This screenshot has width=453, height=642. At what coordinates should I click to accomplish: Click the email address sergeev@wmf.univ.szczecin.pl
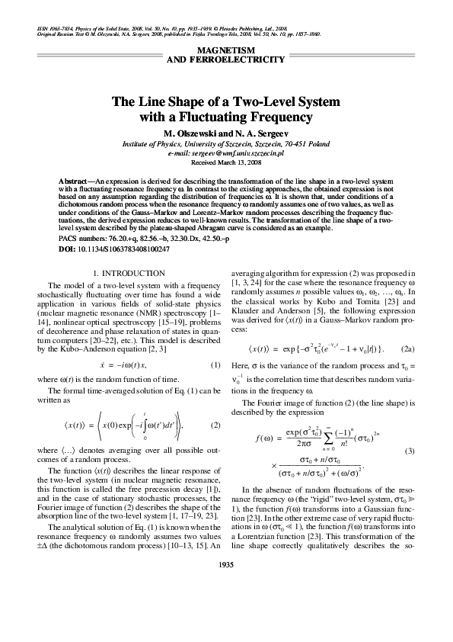(244, 153)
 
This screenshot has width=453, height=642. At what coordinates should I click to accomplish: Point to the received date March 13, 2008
(239, 163)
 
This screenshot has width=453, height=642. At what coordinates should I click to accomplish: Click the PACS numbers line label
(83, 239)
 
